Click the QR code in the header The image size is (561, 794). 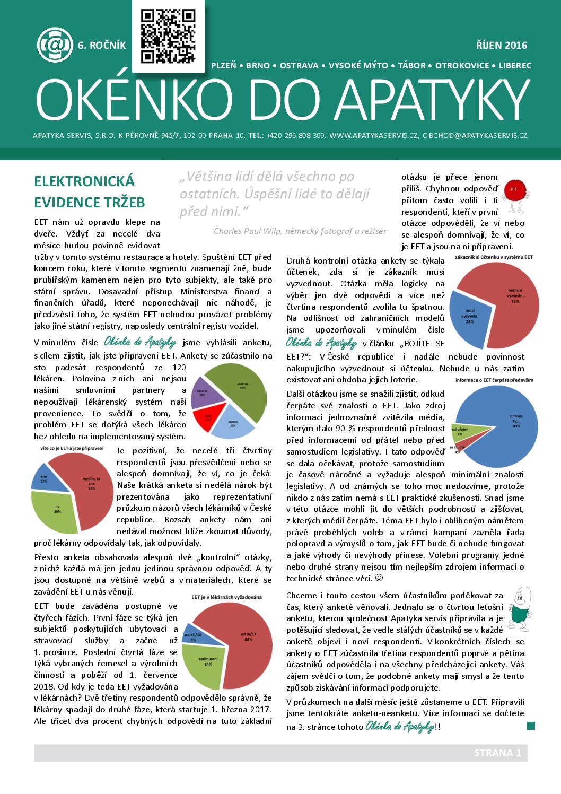(168, 36)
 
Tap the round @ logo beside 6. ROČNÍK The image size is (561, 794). (55, 45)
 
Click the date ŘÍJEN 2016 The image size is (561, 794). (501, 46)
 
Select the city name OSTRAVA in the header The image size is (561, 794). (299, 66)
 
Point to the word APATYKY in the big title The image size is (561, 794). (433, 101)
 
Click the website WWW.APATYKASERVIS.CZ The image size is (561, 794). (374, 136)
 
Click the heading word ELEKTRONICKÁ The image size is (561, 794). (84, 181)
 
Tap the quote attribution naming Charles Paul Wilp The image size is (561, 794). (300, 231)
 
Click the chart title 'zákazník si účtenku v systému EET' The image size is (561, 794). (494, 257)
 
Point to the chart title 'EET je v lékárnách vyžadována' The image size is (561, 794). (226, 597)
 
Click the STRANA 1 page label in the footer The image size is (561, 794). (497, 753)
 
